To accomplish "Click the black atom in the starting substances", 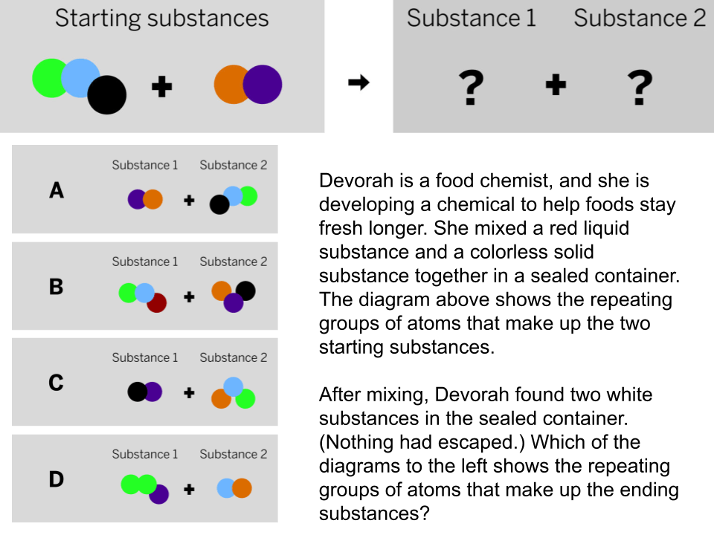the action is (106, 94).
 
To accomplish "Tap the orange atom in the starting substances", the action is (230, 84).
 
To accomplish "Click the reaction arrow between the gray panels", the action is (358, 82).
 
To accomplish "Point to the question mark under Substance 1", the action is (471, 88).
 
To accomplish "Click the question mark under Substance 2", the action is (640, 88).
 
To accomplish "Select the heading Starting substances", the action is (161, 19).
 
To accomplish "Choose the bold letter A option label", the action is (57, 190).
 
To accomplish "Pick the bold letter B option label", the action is (56, 287).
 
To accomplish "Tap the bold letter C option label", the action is (56, 383).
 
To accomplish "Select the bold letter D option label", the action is (56, 479).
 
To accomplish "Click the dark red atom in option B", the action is (158, 303).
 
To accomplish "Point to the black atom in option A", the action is (219, 205).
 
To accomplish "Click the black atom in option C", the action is (137, 392).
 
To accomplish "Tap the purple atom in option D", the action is (159, 493).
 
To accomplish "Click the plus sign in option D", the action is (189, 490).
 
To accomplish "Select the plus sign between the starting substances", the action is (161, 86).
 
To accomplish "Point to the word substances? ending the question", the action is (374, 513).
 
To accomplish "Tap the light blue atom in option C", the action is (233, 386).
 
